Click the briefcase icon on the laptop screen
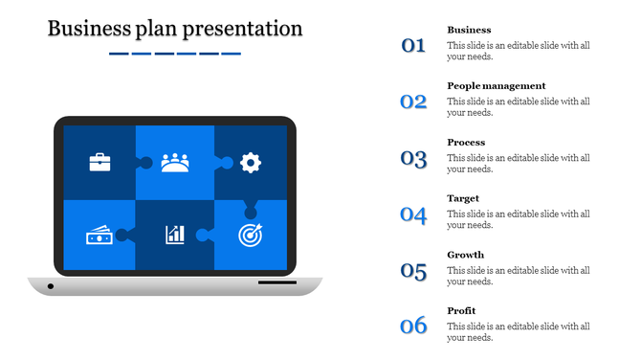100,162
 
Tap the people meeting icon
175,162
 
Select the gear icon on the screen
251,162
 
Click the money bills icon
99,235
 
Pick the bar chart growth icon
175,235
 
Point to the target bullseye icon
250,234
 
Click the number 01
413,44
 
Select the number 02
413,101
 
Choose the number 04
413,214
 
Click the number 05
413,270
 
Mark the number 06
413,326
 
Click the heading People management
497,86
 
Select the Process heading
466,143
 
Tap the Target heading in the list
463,198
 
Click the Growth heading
466,255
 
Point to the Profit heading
461,311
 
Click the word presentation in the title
245,29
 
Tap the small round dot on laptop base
51,286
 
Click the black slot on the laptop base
276,282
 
